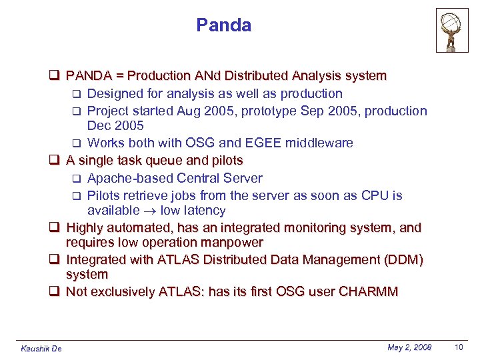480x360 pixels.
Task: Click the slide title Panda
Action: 223,25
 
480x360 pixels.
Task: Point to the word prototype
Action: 271,111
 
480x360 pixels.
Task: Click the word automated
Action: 137,228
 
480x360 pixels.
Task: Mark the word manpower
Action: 229,242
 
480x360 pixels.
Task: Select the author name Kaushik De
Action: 41,349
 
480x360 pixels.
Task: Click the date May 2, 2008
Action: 409,347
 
